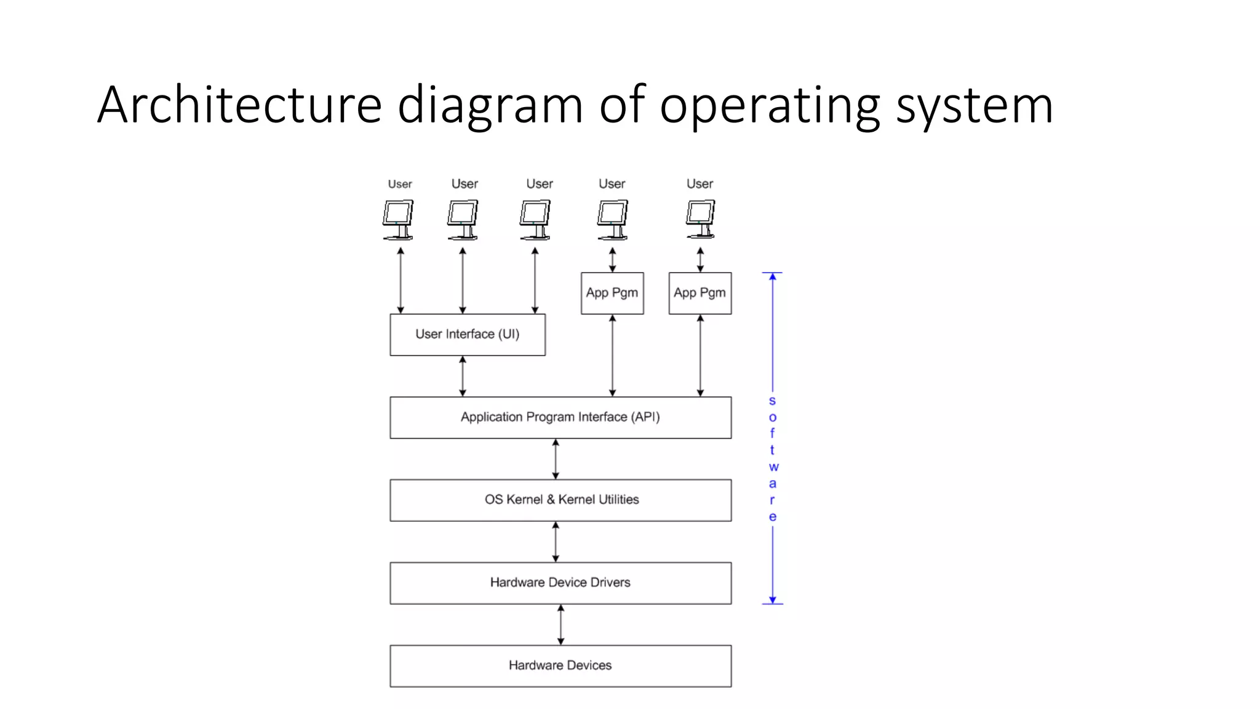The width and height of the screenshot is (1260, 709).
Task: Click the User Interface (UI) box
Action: pos(468,335)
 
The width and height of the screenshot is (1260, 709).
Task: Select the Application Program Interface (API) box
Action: pos(560,417)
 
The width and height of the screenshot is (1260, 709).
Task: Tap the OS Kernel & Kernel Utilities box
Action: pos(560,500)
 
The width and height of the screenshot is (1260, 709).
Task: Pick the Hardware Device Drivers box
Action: pos(560,583)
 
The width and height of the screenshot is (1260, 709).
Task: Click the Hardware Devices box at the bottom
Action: pos(560,666)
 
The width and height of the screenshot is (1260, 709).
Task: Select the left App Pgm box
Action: pos(612,293)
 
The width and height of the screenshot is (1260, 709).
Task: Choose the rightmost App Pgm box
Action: pos(700,293)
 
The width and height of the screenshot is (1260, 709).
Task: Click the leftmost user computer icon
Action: pos(398,219)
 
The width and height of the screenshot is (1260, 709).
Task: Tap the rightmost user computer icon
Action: pos(701,219)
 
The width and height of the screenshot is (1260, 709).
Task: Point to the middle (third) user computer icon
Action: pos(535,219)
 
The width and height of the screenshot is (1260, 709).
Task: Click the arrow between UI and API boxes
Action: pos(463,376)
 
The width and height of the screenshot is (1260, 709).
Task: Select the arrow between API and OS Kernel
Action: pos(556,459)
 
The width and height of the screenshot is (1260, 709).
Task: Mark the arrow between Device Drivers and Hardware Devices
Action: pos(560,625)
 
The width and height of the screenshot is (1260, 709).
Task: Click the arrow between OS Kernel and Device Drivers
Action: pos(556,542)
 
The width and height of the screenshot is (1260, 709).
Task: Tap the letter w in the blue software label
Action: pos(773,467)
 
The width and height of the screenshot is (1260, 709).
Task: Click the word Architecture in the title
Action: pos(240,105)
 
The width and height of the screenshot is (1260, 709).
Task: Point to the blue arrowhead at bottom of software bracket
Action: pos(773,599)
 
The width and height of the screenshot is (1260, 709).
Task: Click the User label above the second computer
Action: pos(465,184)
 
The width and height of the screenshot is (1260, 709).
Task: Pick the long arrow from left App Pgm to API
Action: pos(612,356)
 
